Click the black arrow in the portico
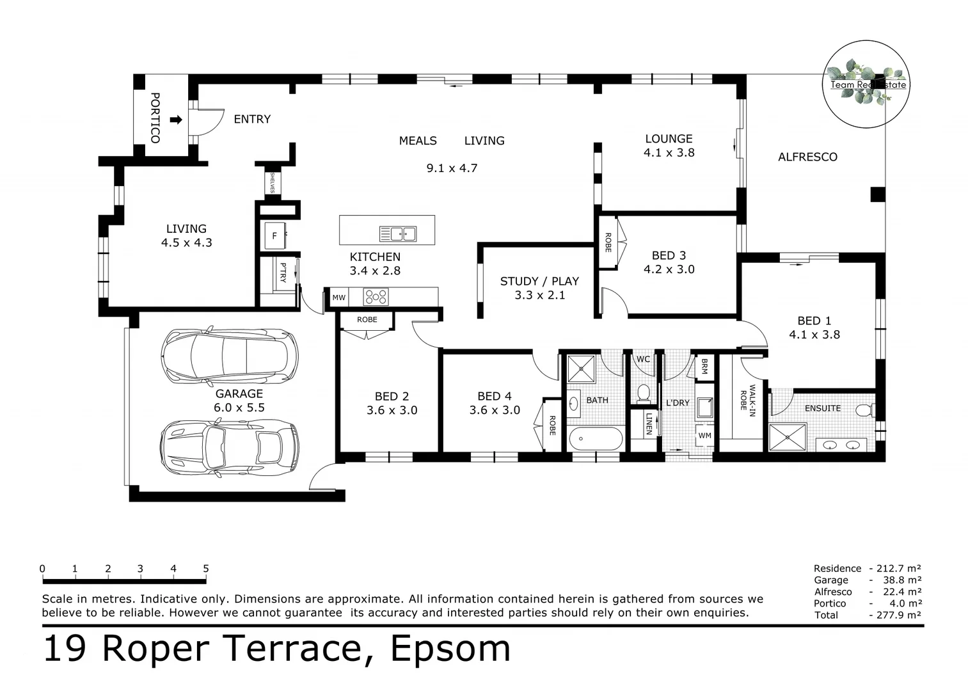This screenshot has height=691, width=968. [177, 120]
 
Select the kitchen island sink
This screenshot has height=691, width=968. [398, 234]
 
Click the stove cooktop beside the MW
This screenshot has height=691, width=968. [376, 297]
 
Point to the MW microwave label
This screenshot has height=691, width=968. [339, 298]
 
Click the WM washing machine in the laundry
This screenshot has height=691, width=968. [704, 436]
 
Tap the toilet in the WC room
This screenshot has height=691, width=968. [644, 393]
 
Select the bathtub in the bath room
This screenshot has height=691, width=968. [596, 439]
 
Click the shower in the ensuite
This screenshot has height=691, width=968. [788, 438]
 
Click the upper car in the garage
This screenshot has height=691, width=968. [230, 357]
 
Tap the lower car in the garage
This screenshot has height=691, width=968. [230, 448]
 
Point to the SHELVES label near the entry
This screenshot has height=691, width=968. [273, 183]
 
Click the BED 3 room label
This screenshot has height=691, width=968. [669, 255]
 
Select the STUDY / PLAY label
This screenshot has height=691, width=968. [539, 282]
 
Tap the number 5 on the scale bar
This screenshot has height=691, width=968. [206, 568]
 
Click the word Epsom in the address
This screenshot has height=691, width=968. [450, 649]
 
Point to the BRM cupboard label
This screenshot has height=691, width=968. [704, 366]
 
